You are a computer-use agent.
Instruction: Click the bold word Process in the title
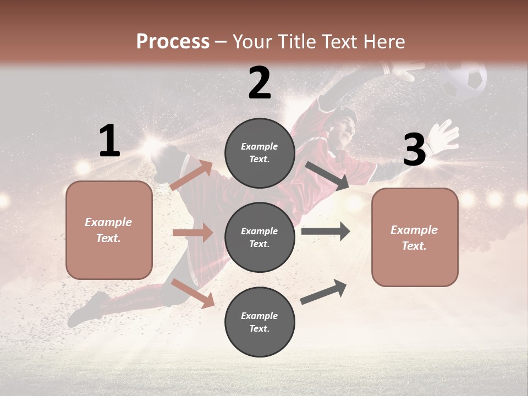click(173, 41)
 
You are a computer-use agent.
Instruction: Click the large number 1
click(109, 141)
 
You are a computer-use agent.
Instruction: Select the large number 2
click(260, 82)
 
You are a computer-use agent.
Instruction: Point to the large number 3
click(414, 150)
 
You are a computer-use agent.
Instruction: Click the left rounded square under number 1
click(109, 230)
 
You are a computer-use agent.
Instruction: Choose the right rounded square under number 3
click(415, 238)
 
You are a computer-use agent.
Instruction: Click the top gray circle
click(260, 153)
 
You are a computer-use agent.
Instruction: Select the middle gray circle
click(260, 237)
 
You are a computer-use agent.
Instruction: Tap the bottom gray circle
click(260, 322)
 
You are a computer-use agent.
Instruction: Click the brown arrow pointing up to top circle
click(191, 175)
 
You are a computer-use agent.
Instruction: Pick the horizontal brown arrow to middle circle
click(193, 233)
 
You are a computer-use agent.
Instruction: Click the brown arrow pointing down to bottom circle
click(193, 293)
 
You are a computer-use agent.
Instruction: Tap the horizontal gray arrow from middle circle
click(325, 231)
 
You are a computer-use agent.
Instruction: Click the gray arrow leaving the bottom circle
click(323, 291)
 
